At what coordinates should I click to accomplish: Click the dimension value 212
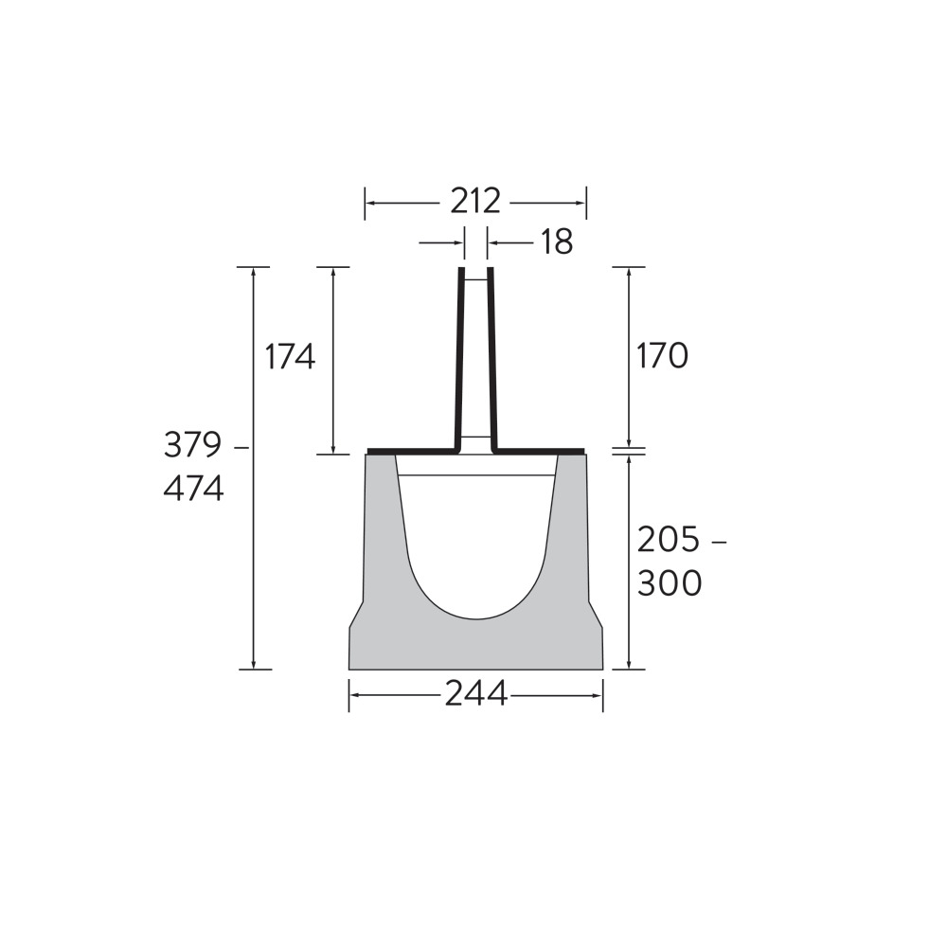tap(475, 203)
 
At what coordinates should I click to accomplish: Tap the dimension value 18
tap(556, 242)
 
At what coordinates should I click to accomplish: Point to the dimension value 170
tap(662, 356)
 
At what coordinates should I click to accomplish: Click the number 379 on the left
tap(192, 446)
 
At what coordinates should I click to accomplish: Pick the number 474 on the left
tap(193, 489)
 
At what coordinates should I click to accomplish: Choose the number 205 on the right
tap(668, 540)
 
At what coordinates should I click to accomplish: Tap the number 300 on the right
tap(670, 582)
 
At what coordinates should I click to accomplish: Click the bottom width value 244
tap(476, 694)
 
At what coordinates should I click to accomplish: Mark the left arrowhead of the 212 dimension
tap(370, 203)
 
